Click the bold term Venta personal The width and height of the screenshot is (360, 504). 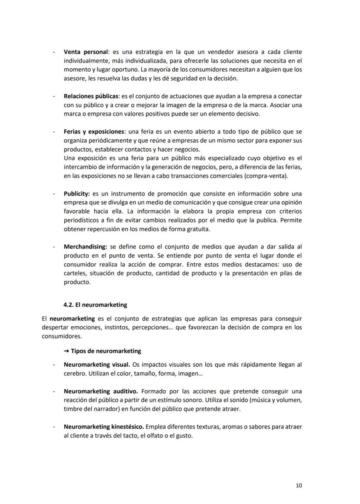coord(86,52)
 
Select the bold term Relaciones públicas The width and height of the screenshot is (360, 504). coord(91,96)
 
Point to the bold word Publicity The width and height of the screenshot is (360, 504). coord(77,193)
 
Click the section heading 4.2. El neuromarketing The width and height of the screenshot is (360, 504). coord(95,305)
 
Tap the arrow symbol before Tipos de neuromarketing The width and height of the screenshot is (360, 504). coord(67,351)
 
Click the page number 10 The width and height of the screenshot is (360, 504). coord(299,485)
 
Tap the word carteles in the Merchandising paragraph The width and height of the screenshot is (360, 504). coord(75,273)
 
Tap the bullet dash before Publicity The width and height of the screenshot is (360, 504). coord(53,193)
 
